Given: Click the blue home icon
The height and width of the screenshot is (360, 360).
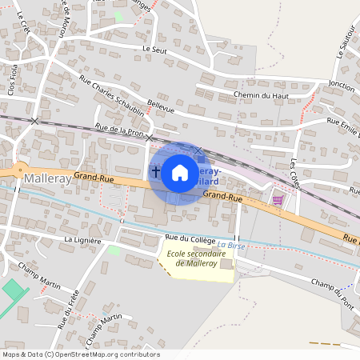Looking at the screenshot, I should coord(180,173).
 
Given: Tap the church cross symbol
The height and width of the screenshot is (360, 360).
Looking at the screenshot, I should coord(156,170).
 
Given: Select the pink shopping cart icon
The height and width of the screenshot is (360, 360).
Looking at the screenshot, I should coord(278,200).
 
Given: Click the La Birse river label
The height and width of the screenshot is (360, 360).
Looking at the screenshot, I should coord(230,245).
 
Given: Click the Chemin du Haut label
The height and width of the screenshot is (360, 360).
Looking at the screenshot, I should coord(238,96).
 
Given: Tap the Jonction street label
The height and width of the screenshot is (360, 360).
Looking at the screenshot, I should coord(341,84).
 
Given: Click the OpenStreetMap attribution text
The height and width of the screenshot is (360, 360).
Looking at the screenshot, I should coord(80,354).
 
